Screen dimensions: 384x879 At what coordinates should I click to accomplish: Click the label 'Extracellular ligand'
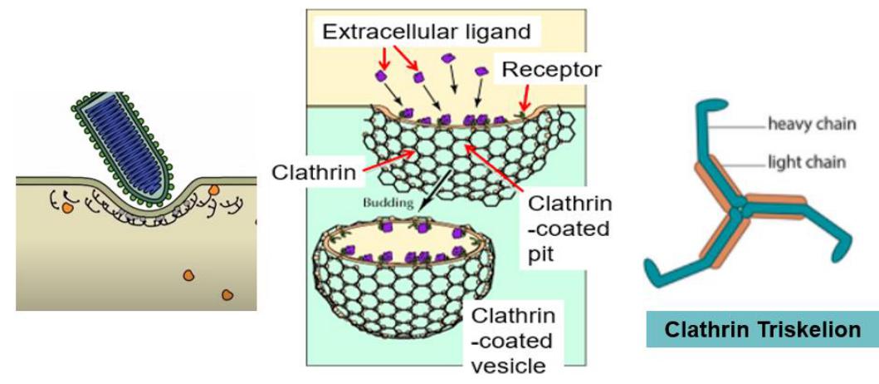426,32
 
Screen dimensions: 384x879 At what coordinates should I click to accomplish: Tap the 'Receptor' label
550,70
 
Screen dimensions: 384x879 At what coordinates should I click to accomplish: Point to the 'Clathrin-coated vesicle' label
513,341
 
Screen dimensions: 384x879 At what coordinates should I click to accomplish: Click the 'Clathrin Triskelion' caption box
762,330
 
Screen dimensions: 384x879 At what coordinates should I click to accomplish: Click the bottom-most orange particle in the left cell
227,294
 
